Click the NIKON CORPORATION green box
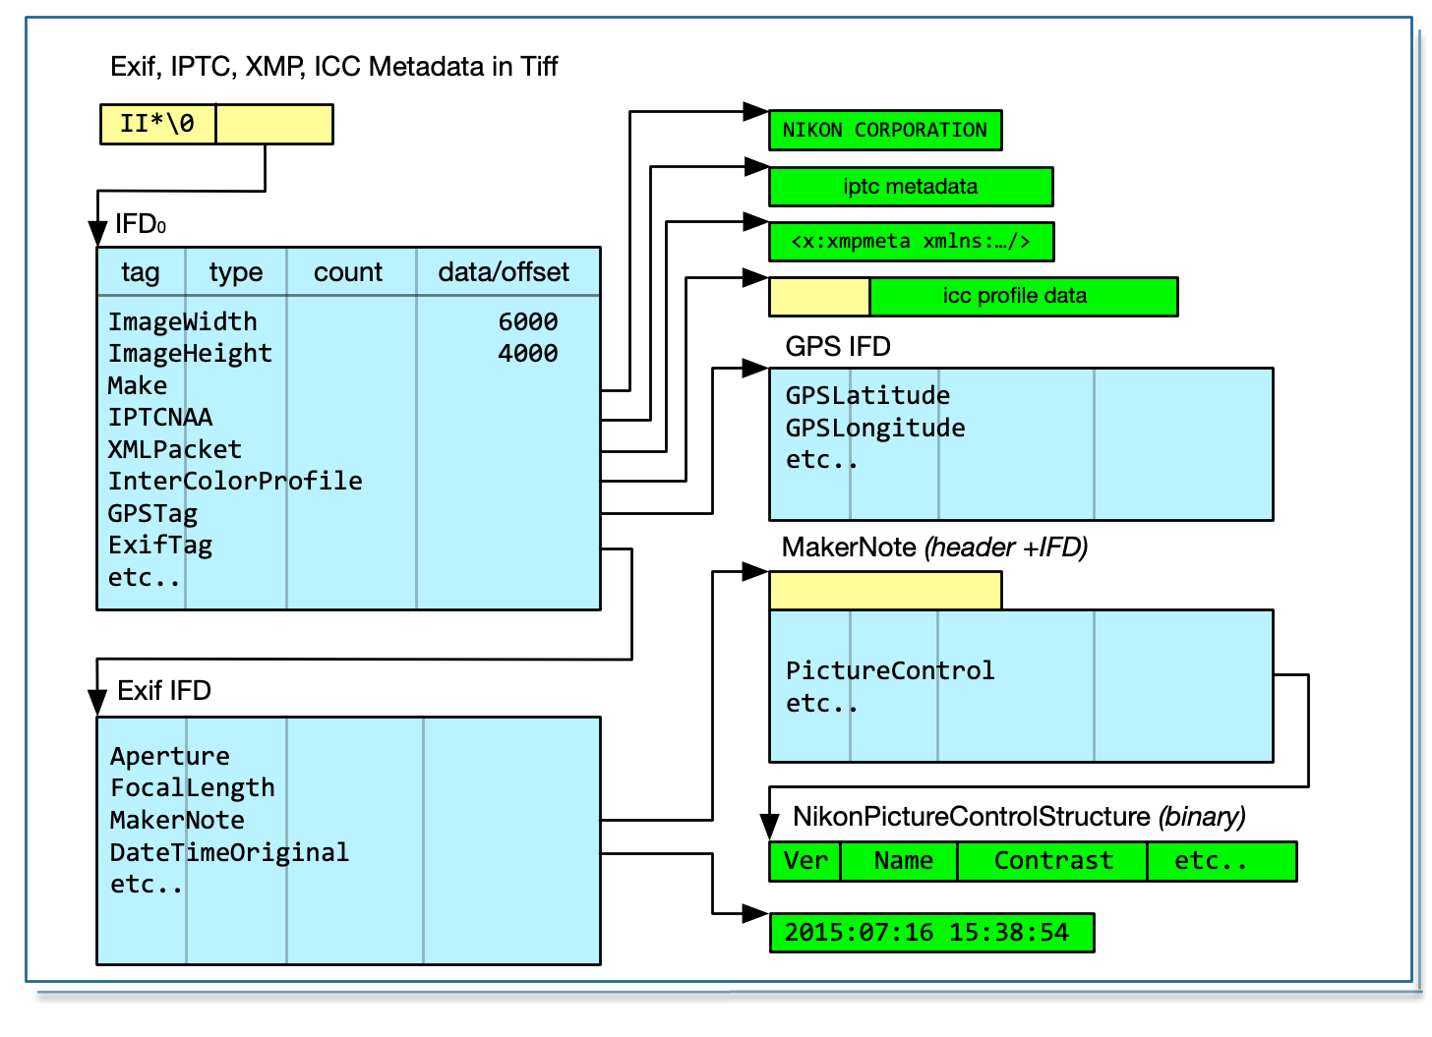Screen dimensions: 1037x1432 pyautogui.click(x=884, y=130)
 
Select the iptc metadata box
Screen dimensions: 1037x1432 pyautogui.click(x=910, y=187)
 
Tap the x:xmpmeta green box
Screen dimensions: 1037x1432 pyautogui.click(x=910, y=242)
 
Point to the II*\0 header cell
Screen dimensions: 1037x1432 pyautogui.click(x=157, y=125)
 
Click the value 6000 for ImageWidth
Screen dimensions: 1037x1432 pyautogui.click(x=527, y=321)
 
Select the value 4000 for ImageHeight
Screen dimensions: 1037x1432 pyautogui.click(x=527, y=353)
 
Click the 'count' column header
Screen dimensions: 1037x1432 pyautogui.click(x=348, y=272)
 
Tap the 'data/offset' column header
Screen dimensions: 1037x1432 pyautogui.click(x=504, y=272)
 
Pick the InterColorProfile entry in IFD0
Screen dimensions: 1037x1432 pyautogui.click(x=235, y=481)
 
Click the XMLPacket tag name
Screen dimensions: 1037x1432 pyautogui.click(x=174, y=449)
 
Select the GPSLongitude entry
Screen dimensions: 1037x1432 pyautogui.click(x=875, y=428)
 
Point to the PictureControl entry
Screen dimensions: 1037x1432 pyautogui.click(x=890, y=670)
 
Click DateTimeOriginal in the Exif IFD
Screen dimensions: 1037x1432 pyautogui.click(x=229, y=852)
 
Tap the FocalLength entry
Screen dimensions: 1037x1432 pyautogui.click(x=193, y=787)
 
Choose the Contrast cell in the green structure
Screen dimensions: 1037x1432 pyautogui.click(x=1053, y=861)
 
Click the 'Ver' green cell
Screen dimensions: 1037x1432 pyautogui.click(x=805, y=861)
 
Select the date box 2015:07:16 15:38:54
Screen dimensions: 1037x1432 pyautogui.click(x=930, y=933)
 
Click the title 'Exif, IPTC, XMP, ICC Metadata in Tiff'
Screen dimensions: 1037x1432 pyautogui.click(x=334, y=67)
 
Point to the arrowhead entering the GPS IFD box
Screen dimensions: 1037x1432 pyautogui.click(x=755, y=369)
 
